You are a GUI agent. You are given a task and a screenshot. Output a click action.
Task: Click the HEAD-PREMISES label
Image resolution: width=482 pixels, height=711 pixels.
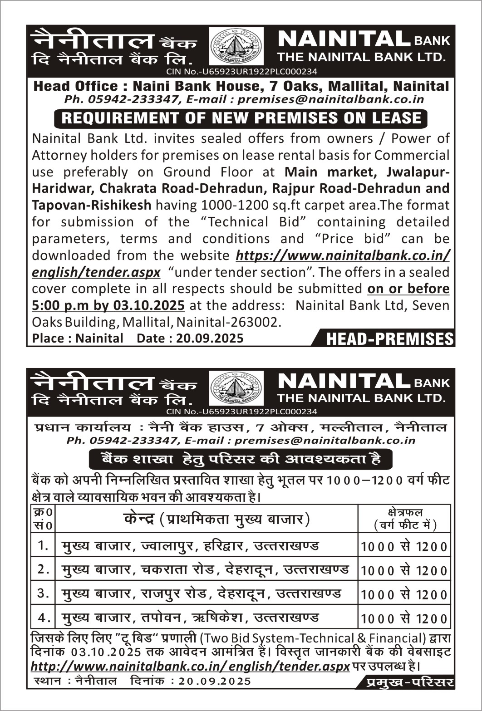pos(389,339)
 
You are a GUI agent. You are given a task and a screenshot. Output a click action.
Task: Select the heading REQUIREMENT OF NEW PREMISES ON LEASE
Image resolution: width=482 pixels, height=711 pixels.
pos(241,118)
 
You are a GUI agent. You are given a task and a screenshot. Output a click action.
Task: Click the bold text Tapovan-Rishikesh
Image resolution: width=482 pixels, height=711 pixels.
pos(91,205)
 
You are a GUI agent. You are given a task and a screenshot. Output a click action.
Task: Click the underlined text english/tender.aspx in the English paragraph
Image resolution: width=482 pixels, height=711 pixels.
pos(96,272)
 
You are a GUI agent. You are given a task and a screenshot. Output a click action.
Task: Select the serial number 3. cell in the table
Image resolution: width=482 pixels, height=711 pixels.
pos(43,593)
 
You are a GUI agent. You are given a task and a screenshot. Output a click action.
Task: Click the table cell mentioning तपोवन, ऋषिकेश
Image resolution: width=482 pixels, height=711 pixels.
pos(191,617)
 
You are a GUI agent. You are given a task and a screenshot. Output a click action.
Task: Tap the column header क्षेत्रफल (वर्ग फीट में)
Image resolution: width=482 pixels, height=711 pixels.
pos(404,519)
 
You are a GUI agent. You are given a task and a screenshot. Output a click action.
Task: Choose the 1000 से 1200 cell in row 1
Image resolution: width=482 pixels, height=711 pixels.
pos(404,546)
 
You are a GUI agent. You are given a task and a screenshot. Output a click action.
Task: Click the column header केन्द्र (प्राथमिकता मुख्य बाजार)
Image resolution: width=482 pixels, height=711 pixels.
pos(216,519)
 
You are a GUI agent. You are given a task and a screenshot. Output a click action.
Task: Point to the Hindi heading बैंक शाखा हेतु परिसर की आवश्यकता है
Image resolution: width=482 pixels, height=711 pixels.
pos(241,459)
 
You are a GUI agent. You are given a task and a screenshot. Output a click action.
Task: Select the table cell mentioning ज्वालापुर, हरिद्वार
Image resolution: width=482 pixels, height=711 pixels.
pos(191,545)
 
